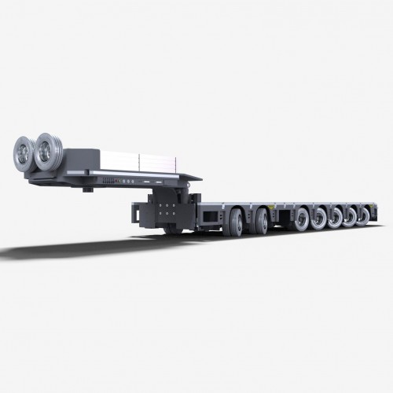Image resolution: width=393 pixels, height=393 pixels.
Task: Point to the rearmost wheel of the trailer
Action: point(364,213)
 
